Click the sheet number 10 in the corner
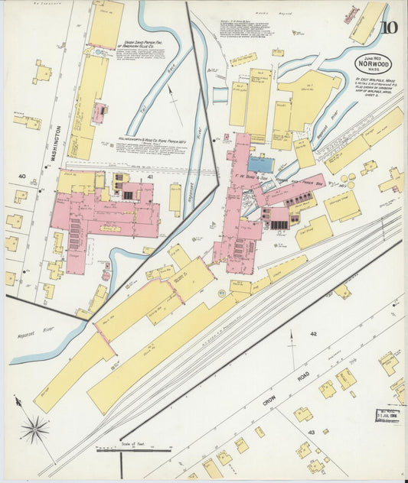click(x=390, y=30)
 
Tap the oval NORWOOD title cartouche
click(x=373, y=63)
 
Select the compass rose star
click(x=34, y=429)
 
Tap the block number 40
click(x=21, y=177)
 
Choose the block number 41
click(x=150, y=177)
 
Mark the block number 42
click(x=312, y=334)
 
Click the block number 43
click(x=311, y=433)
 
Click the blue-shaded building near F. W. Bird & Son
click(x=260, y=164)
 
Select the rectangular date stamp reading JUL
click(x=388, y=416)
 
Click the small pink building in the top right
click(x=351, y=15)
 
